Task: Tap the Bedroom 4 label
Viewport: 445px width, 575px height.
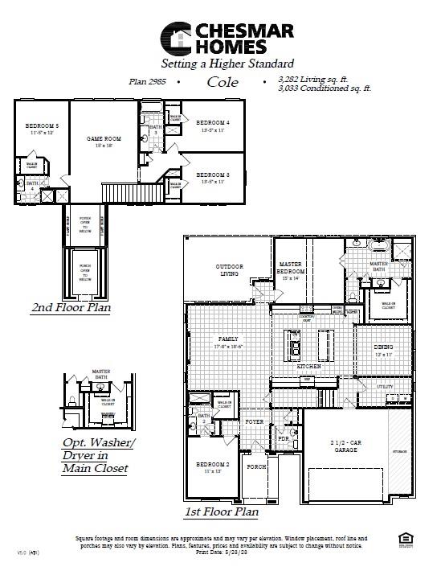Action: pyautogui.click(x=213, y=123)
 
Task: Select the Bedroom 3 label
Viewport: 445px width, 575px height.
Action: pyautogui.click(x=213, y=175)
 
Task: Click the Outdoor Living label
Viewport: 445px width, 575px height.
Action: pyautogui.click(x=230, y=269)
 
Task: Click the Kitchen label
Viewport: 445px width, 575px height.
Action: pyautogui.click(x=309, y=366)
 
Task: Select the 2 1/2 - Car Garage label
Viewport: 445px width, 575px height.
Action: pyautogui.click(x=346, y=446)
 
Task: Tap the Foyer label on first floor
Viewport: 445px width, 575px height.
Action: pyautogui.click(x=255, y=421)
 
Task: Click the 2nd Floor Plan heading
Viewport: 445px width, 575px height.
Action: pyautogui.click(x=71, y=307)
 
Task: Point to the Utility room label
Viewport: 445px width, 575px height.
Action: pyautogui.click(x=385, y=387)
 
